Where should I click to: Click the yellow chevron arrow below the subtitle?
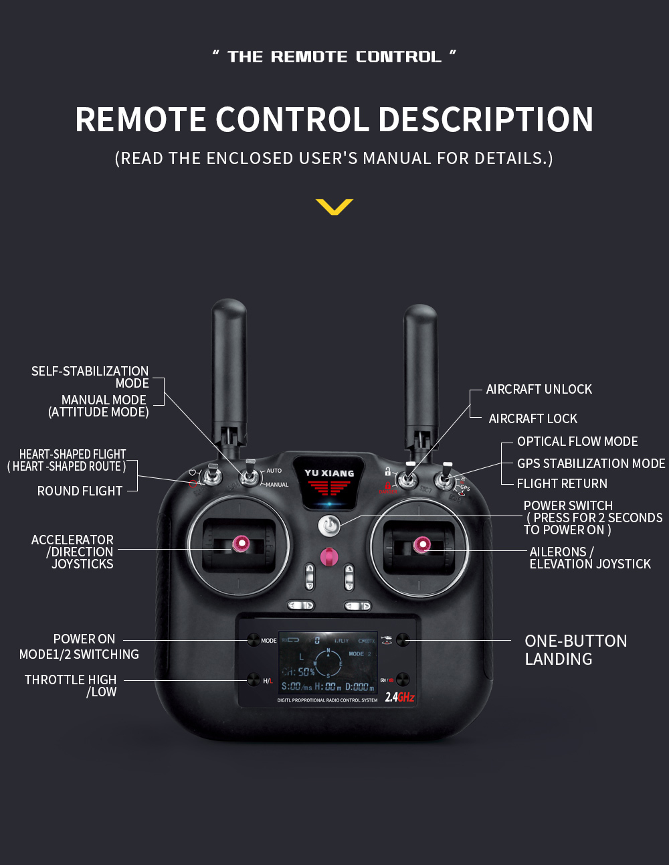pyautogui.click(x=334, y=207)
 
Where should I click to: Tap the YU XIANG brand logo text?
pyautogui.click(x=329, y=473)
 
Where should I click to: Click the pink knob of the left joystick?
pyautogui.click(x=240, y=544)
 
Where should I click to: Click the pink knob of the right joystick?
pyautogui.click(x=421, y=545)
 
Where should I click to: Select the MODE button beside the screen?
pyautogui.click(x=254, y=640)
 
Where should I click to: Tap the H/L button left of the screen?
pyautogui.click(x=254, y=680)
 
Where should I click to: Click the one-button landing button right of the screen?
pyautogui.click(x=403, y=640)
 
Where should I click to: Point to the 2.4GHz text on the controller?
pyautogui.click(x=399, y=697)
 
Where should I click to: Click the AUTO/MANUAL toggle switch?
pyautogui.click(x=251, y=476)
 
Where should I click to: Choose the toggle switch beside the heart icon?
pyautogui.click(x=213, y=476)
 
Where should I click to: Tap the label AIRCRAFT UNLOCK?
pyautogui.click(x=539, y=390)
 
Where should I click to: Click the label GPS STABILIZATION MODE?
pyautogui.click(x=591, y=463)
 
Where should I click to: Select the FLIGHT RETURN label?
pyautogui.click(x=562, y=483)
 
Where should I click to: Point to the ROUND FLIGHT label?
pyautogui.click(x=80, y=491)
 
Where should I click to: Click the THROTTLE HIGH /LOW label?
pyautogui.click(x=71, y=686)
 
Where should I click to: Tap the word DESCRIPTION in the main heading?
pyautogui.click(x=486, y=120)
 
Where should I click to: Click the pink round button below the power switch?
pyautogui.click(x=328, y=556)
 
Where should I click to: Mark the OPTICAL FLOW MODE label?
pyautogui.click(x=577, y=442)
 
